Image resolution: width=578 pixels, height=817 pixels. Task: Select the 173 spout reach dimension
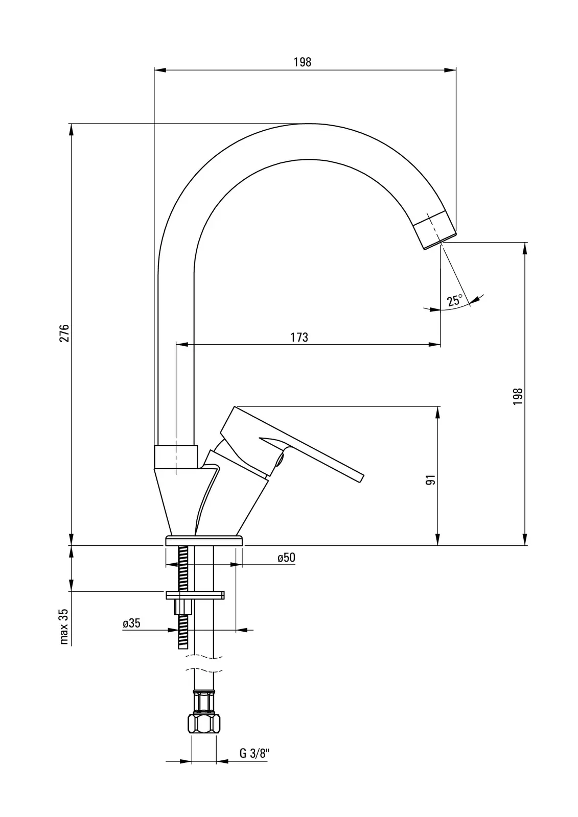point(299,338)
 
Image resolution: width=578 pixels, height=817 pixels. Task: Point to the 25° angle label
point(454,300)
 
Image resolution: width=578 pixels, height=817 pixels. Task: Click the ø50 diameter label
point(286,558)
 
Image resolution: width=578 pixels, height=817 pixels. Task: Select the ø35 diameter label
point(131,623)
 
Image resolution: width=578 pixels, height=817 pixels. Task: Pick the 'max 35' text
point(64,626)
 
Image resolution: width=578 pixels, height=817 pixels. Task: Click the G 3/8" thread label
point(253,753)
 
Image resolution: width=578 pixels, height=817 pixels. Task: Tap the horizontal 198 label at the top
point(302,62)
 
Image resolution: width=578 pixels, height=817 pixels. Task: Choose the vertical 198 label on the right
point(519,396)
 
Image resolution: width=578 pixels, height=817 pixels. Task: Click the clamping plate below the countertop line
point(195,594)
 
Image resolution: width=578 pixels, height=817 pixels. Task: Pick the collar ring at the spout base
point(175,456)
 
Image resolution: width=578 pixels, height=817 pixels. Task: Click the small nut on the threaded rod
point(182,607)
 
